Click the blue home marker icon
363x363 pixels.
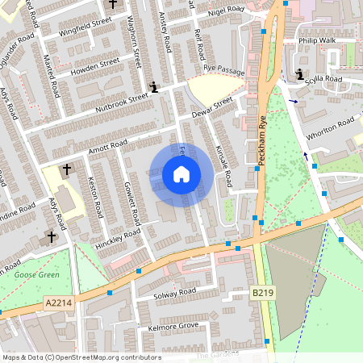[x=181, y=174]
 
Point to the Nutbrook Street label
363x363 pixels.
[x=122, y=101]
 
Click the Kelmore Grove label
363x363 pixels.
[x=173, y=327]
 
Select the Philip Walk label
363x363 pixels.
[x=316, y=39]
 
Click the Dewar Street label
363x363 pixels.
[x=212, y=106]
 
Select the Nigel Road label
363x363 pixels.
[x=225, y=10]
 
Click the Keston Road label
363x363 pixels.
[x=94, y=197]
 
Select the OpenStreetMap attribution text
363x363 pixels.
[x=81, y=357]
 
